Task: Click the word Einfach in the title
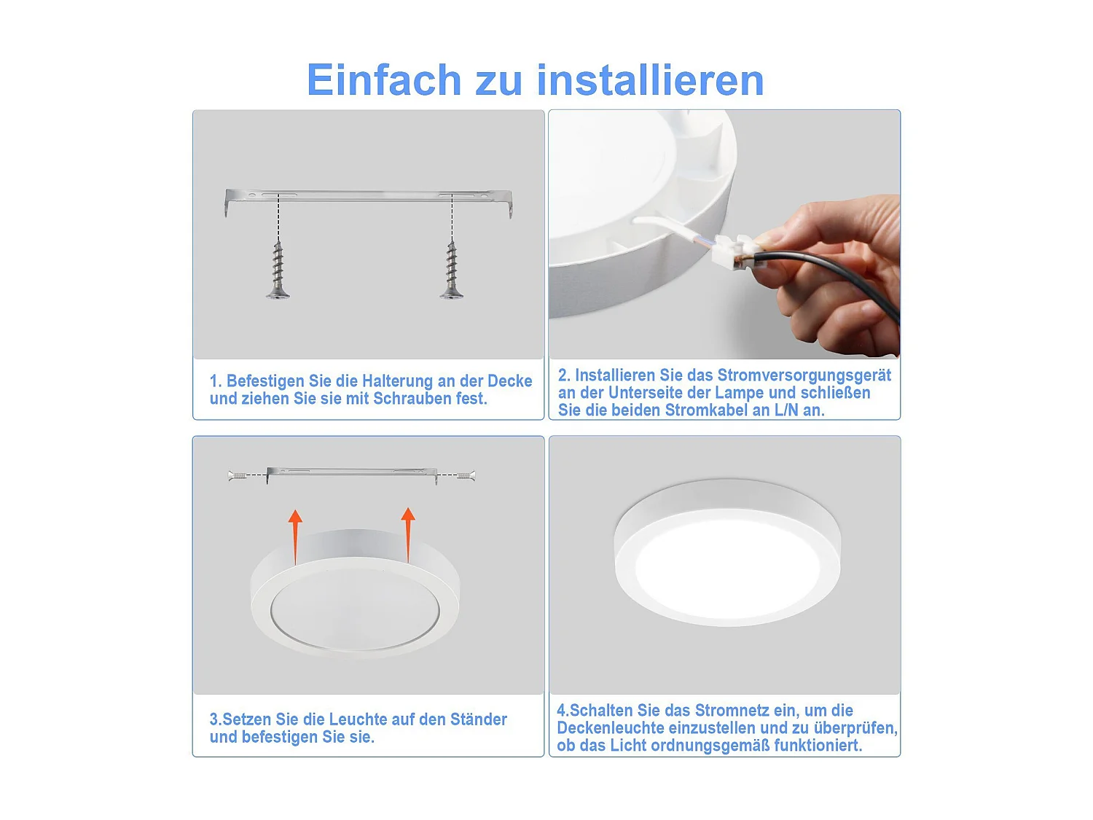pos(384,79)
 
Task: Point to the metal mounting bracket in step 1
pos(369,197)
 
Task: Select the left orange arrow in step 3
pos(295,536)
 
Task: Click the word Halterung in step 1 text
pos(397,381)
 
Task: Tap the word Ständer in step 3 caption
pos(478,719)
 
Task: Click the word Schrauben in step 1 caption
pos(408,399)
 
